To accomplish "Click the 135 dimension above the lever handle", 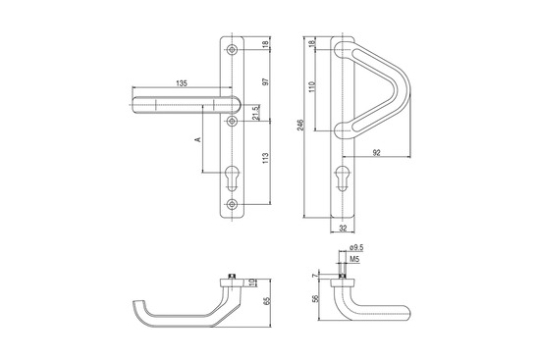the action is [182, 83].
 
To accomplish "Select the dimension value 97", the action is [265, 82].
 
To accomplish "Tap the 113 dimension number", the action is [265, 158].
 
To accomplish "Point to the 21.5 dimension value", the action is [255, 112].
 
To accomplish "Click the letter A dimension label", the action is [197, 139].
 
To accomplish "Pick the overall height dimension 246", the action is [300, 126].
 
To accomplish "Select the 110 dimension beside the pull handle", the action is [312, 86].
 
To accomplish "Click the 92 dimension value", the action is [377, 152].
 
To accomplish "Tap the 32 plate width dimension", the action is [343, 228].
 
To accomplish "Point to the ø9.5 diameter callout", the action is [355, 247].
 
